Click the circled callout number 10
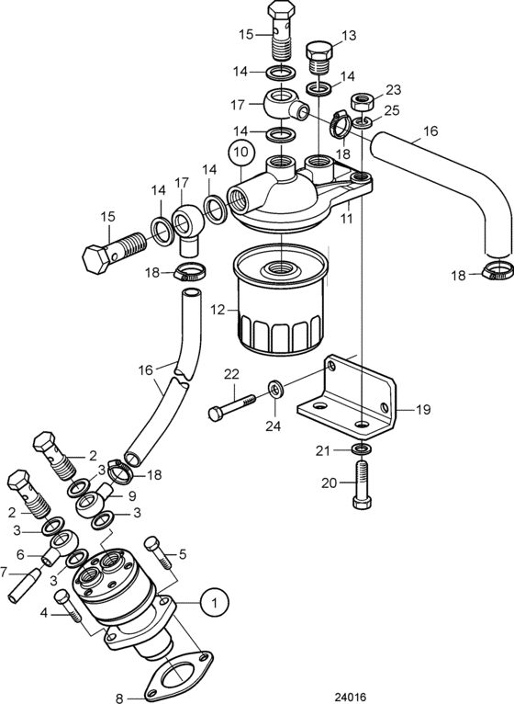240,152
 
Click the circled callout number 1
214,602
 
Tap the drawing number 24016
351,697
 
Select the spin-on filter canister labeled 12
279,299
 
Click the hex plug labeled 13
319,56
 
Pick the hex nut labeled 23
361,102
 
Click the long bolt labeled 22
232,407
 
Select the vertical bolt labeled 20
362,485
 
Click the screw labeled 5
158,552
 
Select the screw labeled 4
69,607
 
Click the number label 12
218,310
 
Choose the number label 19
422,409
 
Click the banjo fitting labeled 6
61,543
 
